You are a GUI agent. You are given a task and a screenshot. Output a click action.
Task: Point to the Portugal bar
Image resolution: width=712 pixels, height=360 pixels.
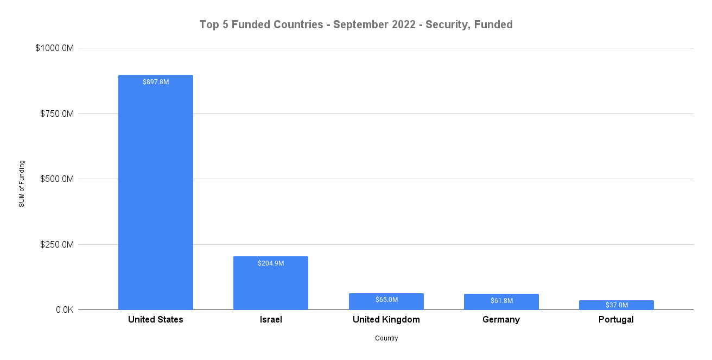click(616, 305)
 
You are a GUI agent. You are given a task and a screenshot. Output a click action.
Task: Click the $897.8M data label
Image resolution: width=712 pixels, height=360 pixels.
click(156, 82)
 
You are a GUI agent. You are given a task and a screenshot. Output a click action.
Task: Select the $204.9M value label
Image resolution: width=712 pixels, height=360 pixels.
click(271, 263)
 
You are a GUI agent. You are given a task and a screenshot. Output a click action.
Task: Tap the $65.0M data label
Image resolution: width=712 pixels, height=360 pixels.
click(386, 300)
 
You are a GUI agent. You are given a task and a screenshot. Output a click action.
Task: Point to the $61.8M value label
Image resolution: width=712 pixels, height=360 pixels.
click(501, 300)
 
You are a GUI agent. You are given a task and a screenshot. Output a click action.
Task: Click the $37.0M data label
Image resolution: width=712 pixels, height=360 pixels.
click(616, 305)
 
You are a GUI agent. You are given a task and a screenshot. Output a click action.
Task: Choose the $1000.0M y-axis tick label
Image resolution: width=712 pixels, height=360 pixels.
click(54, 48)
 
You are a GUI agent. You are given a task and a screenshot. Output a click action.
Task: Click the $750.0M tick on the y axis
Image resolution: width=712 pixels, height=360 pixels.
click(56, 114)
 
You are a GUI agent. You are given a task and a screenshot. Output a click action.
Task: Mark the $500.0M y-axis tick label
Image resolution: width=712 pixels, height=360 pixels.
click(56, 179)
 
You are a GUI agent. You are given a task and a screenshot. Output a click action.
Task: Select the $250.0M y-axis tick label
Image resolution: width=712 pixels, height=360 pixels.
click(56, 245)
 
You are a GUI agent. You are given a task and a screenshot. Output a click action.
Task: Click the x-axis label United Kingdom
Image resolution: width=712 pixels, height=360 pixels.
click(386, 320)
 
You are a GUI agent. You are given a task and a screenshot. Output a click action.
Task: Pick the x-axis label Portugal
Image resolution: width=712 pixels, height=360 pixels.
click(616, 320)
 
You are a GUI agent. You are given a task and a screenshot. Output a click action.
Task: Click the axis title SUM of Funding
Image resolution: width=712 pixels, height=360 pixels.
click(22, 184)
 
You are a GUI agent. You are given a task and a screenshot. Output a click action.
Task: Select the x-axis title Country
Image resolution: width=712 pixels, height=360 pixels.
click(386, 338)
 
